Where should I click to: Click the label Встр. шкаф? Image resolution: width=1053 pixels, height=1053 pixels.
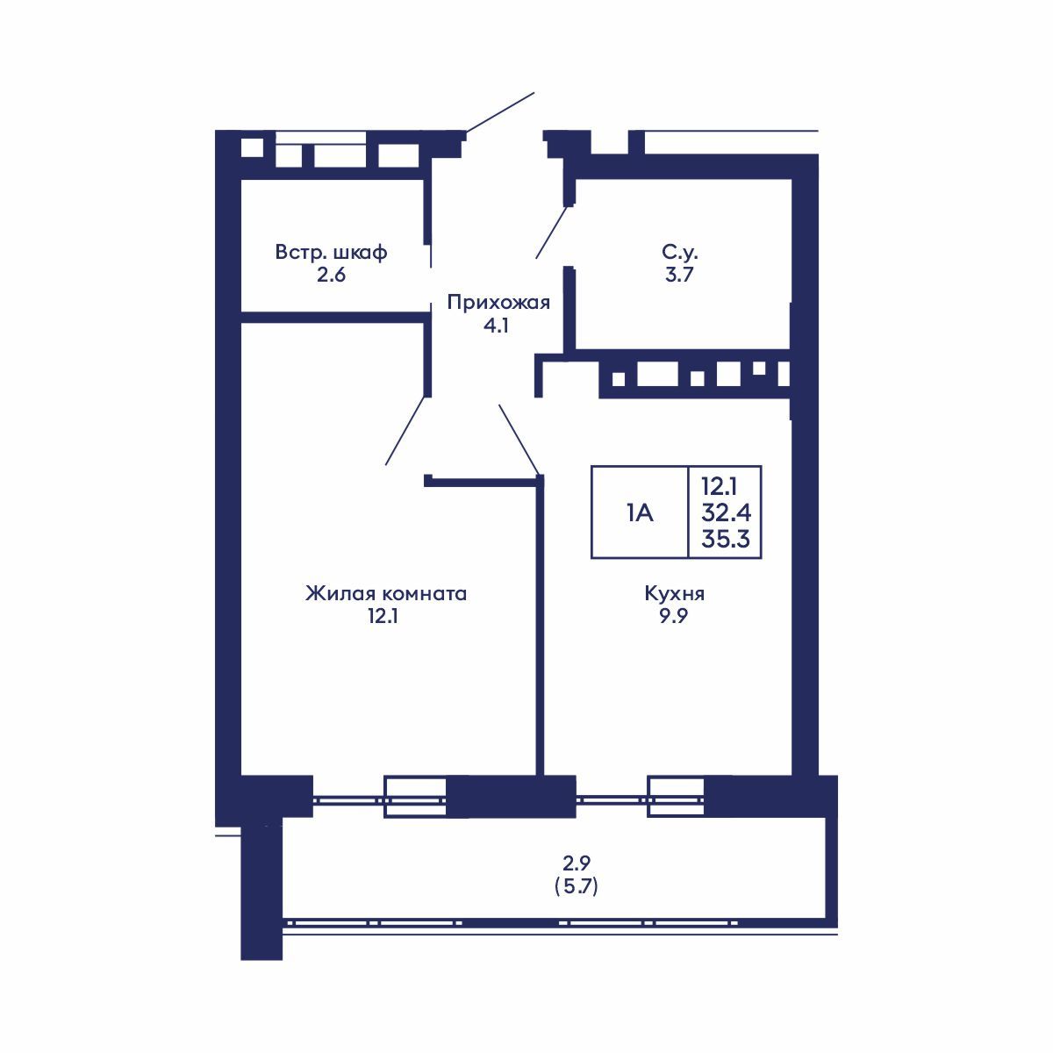click(x=331, y=253)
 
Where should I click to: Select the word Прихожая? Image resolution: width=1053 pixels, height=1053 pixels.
click(x=498, y=303)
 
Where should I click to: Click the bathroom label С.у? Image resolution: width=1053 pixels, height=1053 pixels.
click(x=680, y=253)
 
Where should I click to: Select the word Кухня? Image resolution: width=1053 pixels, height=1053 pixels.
click(x=674, y=594)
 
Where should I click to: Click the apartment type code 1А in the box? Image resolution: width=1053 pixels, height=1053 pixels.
click(x=640, y=512)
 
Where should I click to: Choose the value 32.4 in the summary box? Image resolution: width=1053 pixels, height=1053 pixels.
click(x=726, y=511)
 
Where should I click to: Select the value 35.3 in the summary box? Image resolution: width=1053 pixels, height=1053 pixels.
click(x=726, y=538)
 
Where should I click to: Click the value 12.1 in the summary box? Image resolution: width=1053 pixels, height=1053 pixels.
click(x=719, y=484)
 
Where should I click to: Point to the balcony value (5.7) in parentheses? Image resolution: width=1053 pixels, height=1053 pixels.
click(x=577, y=887)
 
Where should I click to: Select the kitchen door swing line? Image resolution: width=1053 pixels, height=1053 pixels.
click(x=519, y=438)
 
